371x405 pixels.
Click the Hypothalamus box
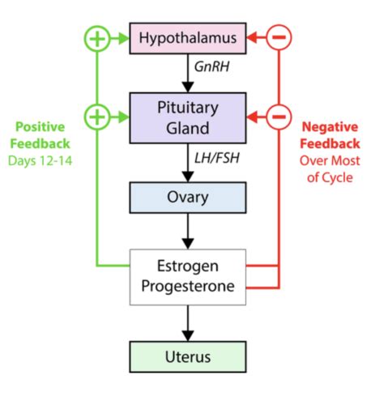(x=188, y=38)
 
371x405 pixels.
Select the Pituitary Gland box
(x=188, y=117)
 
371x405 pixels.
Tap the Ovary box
(x=188, y=198)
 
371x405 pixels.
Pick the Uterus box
(x=188, y=357)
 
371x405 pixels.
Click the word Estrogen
(x=188, y=266)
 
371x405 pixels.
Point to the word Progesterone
(x=188, y=286)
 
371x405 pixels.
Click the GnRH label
(x=212, y=67)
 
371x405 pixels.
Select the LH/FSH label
(x=217, y=158)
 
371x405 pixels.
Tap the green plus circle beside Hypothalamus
(x=97, y=38)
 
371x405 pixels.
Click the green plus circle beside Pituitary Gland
(x=97, y=117)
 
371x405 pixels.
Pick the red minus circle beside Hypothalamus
(x=279, y=37)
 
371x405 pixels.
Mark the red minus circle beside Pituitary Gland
(x=279, y=117)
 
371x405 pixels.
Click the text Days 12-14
(x=41, y=161)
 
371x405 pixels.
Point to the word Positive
(x=41, y=127)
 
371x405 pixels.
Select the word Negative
(x=330, y=127)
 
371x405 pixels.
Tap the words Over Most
(x=330, y=160)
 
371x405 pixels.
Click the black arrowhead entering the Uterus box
(x=188, y=336)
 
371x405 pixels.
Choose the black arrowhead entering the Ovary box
(x=188, y=177)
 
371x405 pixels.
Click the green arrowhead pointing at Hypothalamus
(x=124, y=38)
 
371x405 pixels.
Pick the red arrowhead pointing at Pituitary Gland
(x=252, y=117)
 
